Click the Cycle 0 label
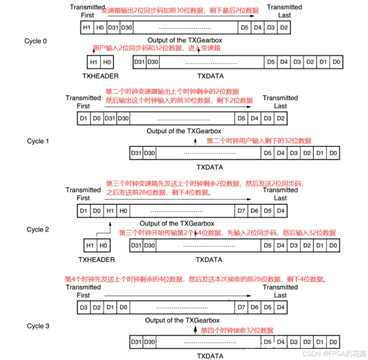click(35, 41)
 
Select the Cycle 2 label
click(38, 229)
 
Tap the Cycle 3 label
click(38, 326)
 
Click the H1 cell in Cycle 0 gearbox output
click(87, 28)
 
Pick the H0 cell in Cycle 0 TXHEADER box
click(107, 62)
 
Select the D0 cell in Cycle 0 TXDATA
click(336, 62)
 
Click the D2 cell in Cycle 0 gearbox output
click(284, 28)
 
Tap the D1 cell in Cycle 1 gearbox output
click(83, 119)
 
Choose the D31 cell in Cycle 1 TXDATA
click(136, 153)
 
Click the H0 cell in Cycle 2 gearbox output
click(123, 211)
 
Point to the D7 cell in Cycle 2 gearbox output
click(241, 211)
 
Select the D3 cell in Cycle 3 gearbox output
click(83, 308)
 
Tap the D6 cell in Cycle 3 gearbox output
click(254, 308)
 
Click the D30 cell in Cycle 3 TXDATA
click(149, 342)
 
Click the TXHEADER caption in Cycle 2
click(97, 260)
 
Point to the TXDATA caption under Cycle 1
click(210, 167)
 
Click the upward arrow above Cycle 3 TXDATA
click(195, 330)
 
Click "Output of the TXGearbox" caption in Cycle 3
click(182, 320)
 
